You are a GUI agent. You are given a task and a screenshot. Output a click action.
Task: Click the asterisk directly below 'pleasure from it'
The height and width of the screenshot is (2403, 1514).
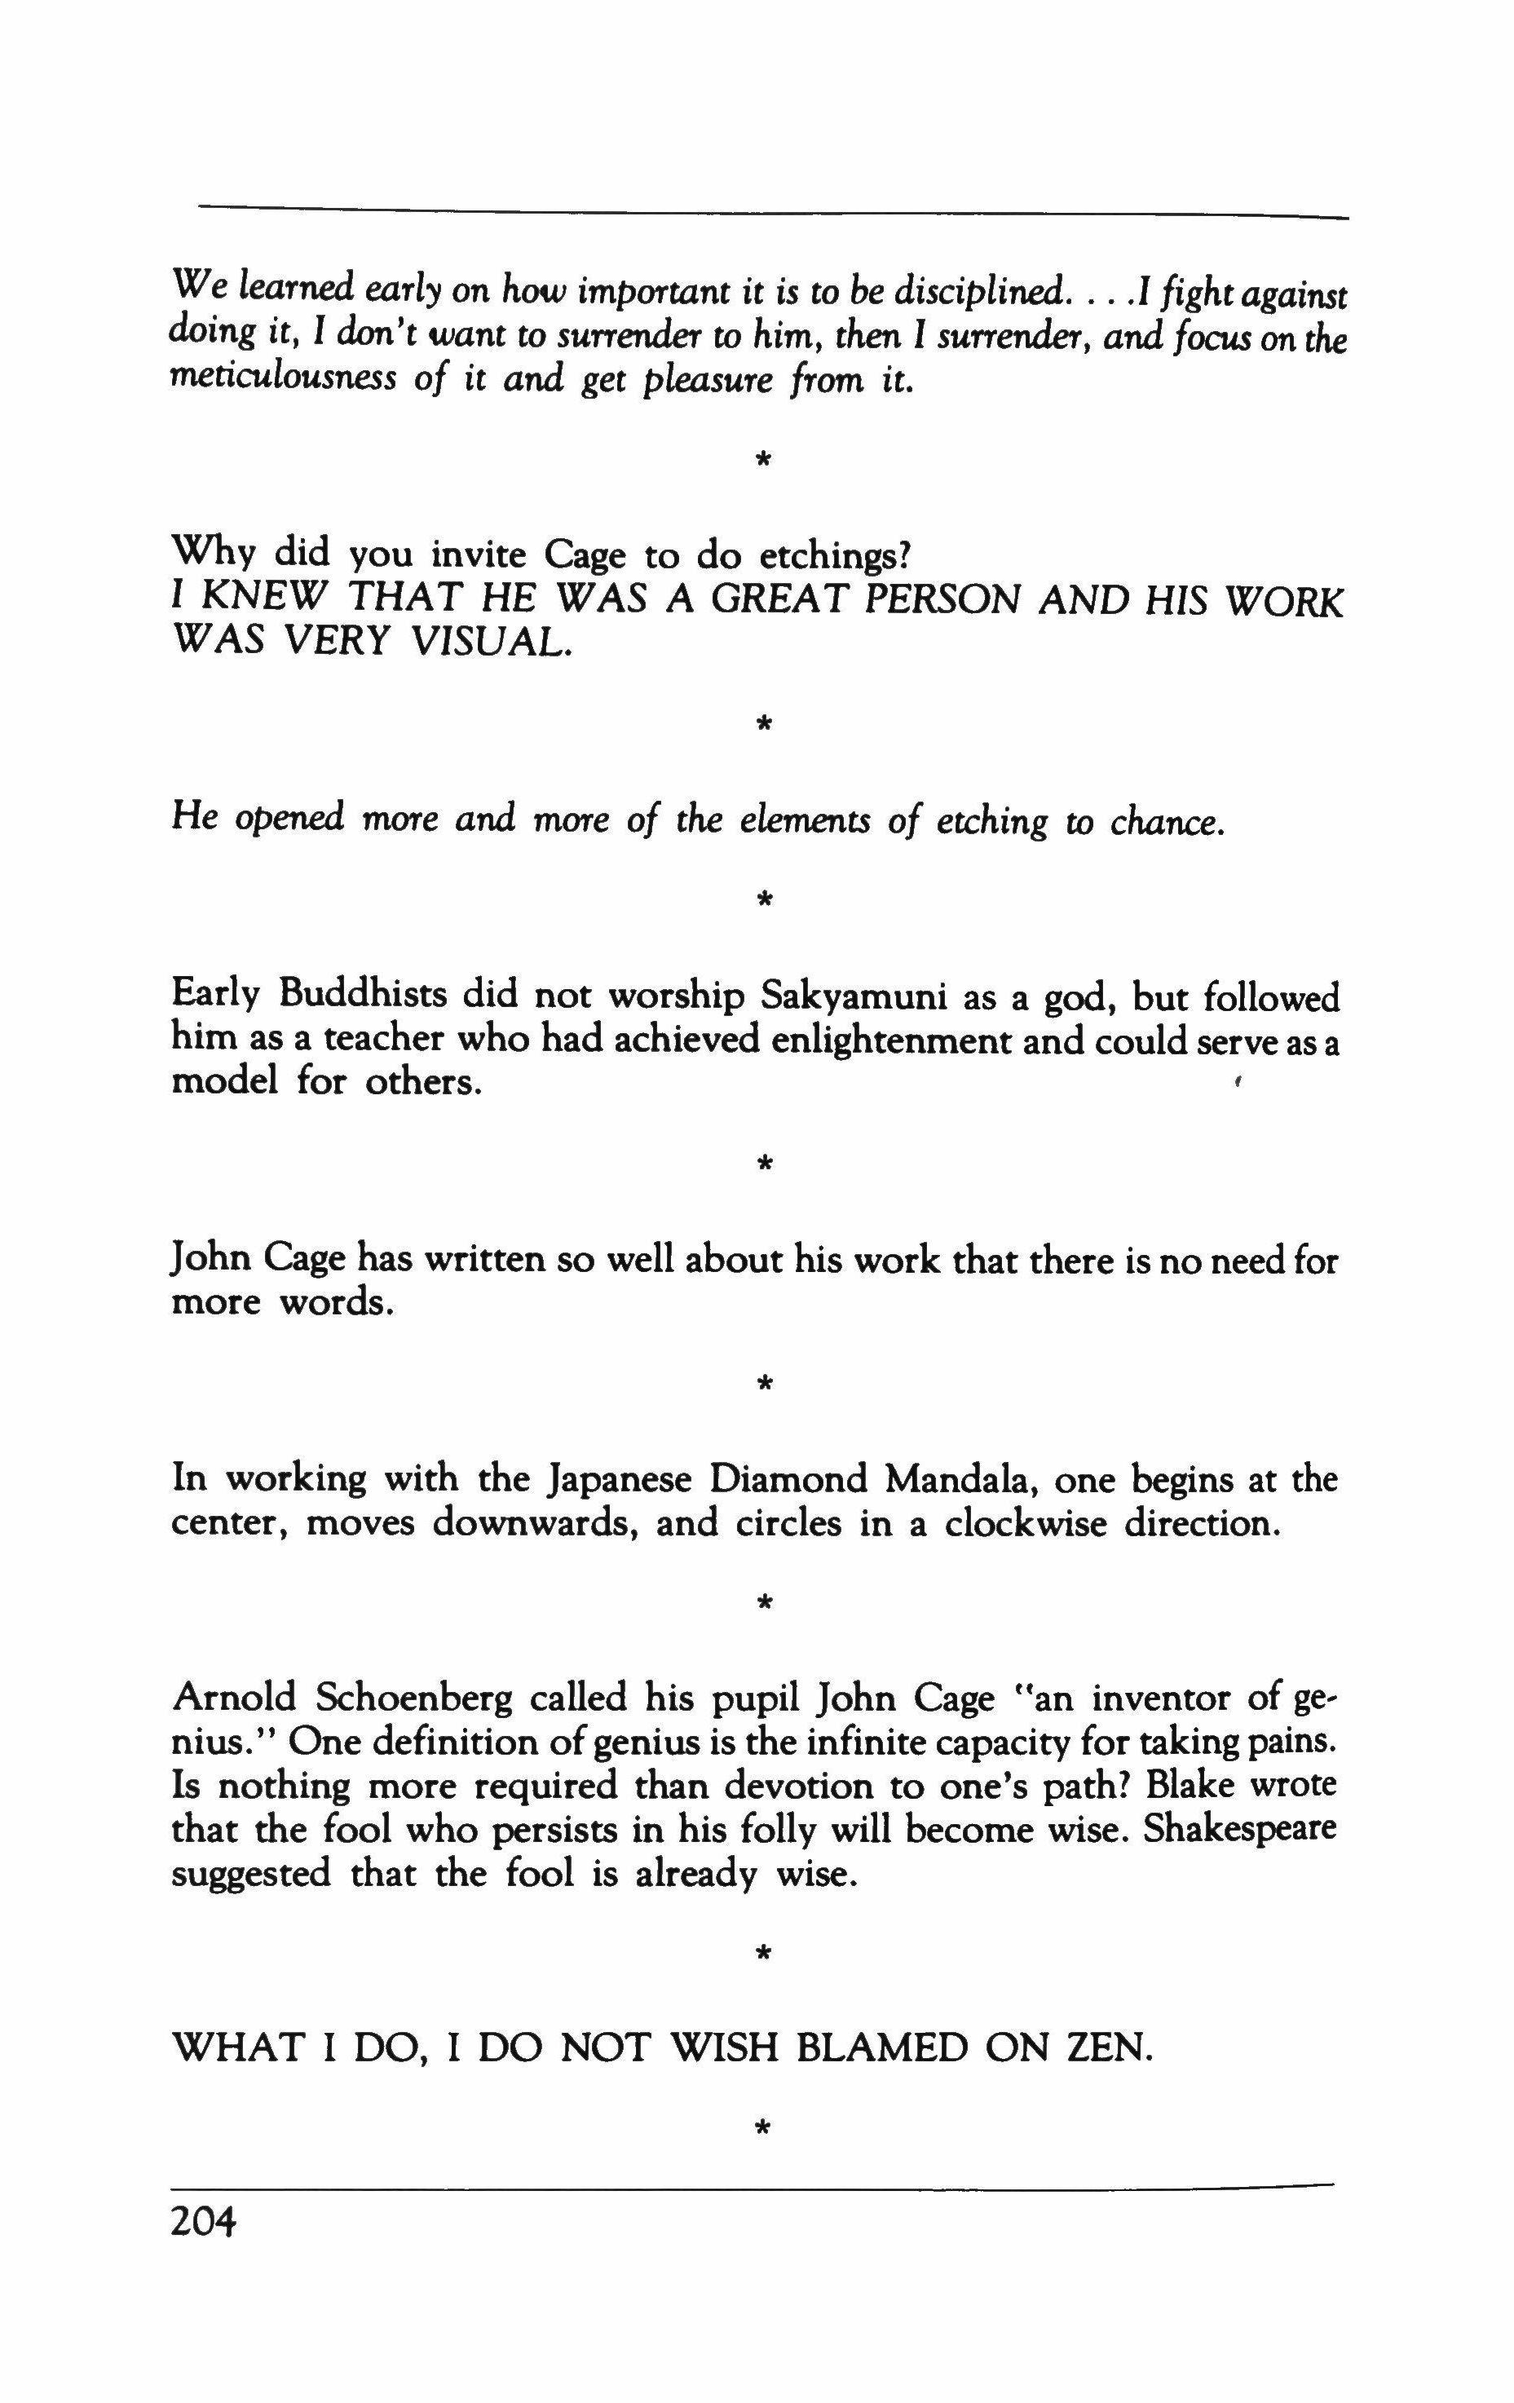(763, 460)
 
